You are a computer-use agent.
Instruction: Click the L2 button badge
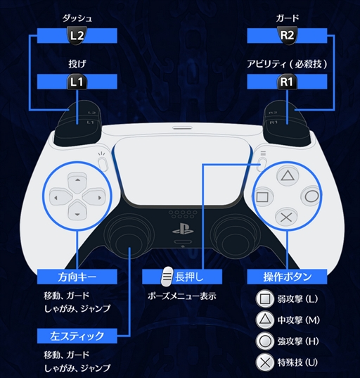77,36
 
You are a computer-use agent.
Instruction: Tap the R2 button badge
287,36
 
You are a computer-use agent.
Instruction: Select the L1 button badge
77,82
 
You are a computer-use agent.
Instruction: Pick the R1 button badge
287,82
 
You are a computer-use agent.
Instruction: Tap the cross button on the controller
286,218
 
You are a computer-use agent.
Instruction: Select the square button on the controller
263,197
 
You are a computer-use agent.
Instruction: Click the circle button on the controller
311,196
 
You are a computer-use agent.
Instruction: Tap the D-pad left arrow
60,198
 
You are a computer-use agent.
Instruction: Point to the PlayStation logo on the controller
183,229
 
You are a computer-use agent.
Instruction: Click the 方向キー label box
77,277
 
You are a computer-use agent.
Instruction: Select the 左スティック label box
77,336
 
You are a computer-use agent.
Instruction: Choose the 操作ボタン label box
287,277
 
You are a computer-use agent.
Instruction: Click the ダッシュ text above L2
77,18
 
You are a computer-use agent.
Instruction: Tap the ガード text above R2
288,18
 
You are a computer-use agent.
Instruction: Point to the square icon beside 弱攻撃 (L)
265,299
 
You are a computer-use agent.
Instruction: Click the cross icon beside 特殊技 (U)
265,363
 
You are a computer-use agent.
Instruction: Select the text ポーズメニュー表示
182,296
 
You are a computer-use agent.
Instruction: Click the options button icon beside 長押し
167,277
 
